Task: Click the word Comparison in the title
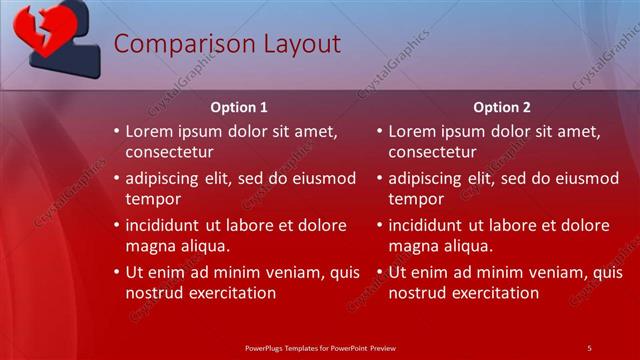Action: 171,44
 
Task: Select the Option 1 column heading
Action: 239,107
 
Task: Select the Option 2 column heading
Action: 502,107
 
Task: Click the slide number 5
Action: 589,347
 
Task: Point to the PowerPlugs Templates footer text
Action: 320,347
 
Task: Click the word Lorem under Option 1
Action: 152,131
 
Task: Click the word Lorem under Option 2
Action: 415,131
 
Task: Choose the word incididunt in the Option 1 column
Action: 167,225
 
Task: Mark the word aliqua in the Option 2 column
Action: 469,245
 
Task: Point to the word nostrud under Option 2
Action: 418,293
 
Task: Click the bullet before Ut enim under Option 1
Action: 116,272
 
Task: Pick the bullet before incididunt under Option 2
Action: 380,225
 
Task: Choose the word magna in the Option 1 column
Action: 149,245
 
